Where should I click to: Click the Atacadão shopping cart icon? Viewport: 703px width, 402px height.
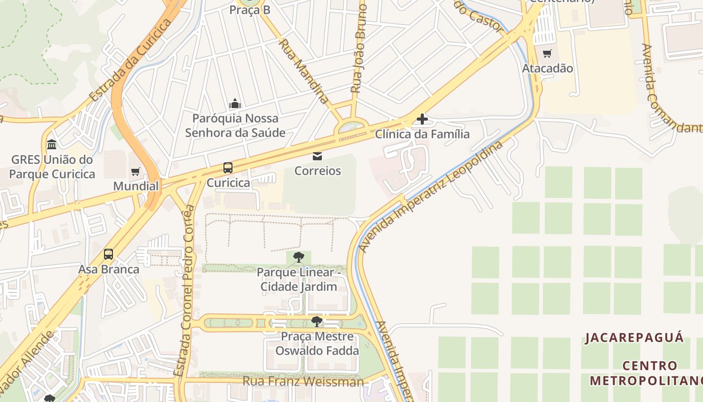[547, 53]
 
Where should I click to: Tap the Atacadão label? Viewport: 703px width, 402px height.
[547, 68]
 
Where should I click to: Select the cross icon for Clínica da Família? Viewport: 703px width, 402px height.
[422, 119]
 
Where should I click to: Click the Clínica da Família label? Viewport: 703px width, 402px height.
[422, 134]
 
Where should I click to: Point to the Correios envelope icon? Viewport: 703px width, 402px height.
[317, 156]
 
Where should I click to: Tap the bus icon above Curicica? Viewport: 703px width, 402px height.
[228, 168]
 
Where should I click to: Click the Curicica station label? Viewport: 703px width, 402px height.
[228, 183]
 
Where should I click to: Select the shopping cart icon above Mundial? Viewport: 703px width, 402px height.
[135, 172]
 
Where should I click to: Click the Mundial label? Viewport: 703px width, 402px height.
[136, 186]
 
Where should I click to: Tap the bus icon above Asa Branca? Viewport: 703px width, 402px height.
[108, 254]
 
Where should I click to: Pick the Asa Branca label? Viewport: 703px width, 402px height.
[108, 269]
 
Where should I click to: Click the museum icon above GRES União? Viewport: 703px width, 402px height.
[52, 145]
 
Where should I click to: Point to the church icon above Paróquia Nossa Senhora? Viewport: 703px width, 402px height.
[235, 104]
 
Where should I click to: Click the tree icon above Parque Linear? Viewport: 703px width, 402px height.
[299, 258]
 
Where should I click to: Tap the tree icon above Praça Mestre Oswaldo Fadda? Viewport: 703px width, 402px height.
[317, 322]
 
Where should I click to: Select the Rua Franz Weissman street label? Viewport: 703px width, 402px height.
[303, 381]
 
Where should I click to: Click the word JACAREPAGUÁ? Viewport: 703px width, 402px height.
[634, 337]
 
